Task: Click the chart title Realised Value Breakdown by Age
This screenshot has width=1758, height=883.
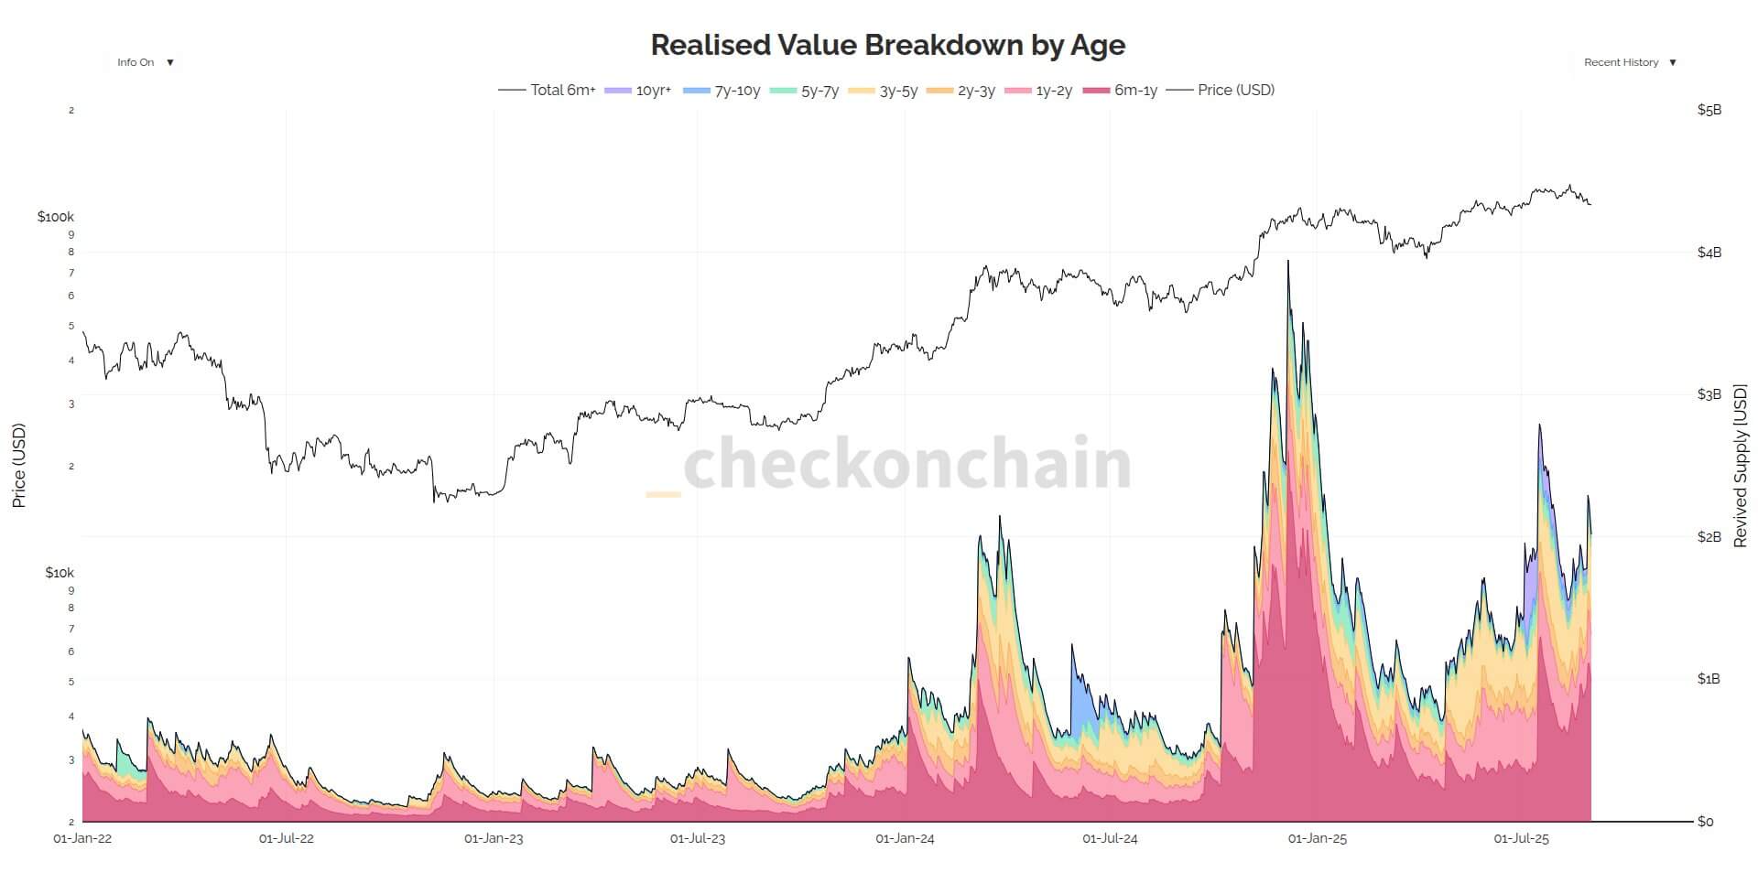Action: [x=887, y=44]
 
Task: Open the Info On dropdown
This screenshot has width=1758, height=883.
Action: [x=145, y=62]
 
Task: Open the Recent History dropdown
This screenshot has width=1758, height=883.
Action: [x=1630, y=62]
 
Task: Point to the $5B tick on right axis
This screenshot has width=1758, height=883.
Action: [x=1709, y=110]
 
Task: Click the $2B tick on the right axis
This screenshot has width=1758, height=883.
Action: [x=1709, y=536]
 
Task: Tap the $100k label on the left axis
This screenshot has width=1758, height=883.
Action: [x=55, y=217]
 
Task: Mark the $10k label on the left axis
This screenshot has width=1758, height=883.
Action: [x=59, y=573]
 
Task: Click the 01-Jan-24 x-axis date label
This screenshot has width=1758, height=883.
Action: [x=905, y=838]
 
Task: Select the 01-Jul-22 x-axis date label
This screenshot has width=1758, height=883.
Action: [x=286, y=838]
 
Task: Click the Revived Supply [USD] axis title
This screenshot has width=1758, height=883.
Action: [x=1740, y=466]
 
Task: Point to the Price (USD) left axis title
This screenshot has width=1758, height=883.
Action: [x=19, y=466]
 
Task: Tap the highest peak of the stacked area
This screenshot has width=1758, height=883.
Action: [x=1288, y=262]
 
